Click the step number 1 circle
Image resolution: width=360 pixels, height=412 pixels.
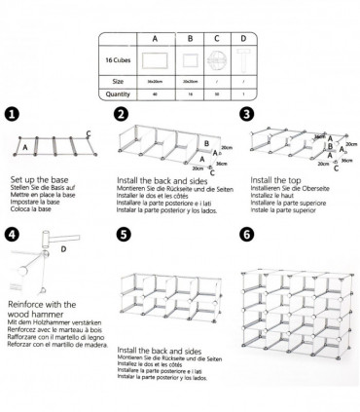11,114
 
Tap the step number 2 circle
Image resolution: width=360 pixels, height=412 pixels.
122,114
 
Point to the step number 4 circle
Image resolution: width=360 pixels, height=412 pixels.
11,235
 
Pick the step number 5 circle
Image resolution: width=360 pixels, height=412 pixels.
122,235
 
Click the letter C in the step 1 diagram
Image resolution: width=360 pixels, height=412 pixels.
89,132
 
